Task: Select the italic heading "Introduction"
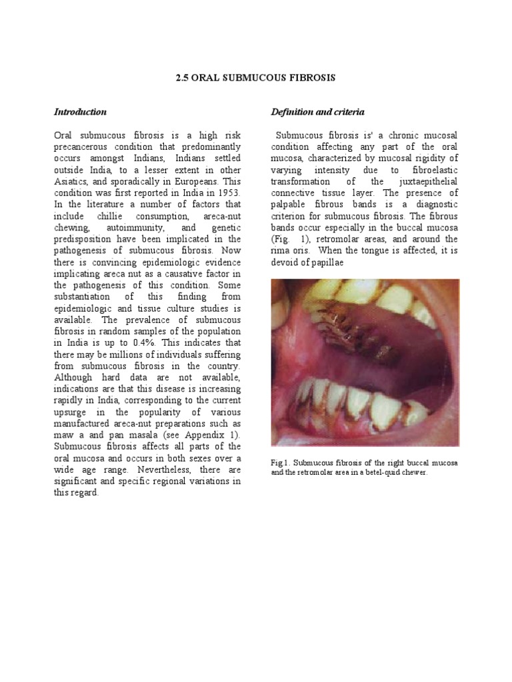coord(80,112)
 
